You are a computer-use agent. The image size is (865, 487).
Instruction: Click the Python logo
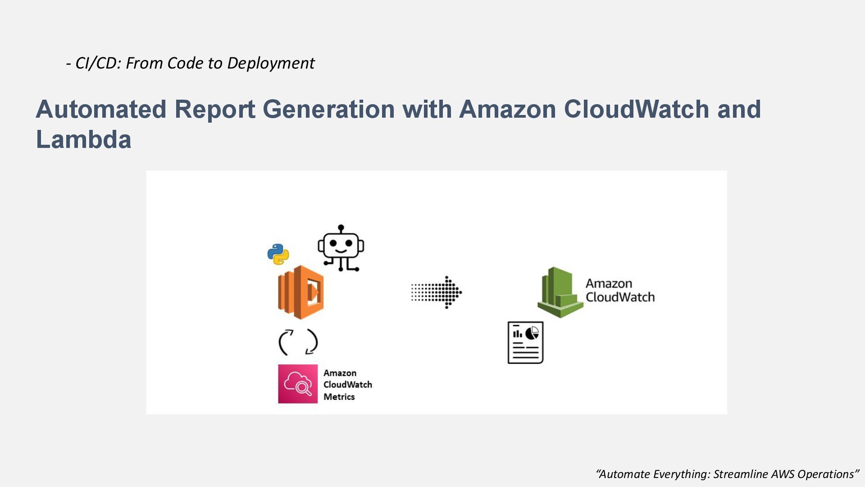tap(278, 254)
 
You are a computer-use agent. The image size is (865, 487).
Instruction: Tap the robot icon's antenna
tap(341, 228)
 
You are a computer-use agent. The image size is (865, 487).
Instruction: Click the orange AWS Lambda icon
tap(300, 292)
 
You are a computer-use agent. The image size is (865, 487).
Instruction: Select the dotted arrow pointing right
tap(436, 292)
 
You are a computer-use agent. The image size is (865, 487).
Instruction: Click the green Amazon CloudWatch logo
tap(560, 292)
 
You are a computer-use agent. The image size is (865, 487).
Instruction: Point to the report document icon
tap(525, 343)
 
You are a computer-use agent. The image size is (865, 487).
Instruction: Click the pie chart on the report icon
tap(532, 333)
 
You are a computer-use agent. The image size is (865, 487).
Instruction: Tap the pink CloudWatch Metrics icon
tap(298, 384)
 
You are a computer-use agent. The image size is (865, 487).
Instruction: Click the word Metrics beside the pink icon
tap(339, 397)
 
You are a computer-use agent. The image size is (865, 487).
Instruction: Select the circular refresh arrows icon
tap(298, 342)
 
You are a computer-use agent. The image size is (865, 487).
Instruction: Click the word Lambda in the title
tap(84, 139)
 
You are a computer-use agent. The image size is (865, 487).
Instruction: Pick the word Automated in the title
tap(101, 109)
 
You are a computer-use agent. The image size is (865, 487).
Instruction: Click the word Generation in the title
tap(328, 109)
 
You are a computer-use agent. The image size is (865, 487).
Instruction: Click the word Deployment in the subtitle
tap(270, 63)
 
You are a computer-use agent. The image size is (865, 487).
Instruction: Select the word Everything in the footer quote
tap(681, 474)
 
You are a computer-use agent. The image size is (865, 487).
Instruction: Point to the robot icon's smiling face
tap(341, 245)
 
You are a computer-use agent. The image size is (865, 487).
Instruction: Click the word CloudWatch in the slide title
tap(636, 109)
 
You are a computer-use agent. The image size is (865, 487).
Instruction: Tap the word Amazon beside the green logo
tap(609, 284)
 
